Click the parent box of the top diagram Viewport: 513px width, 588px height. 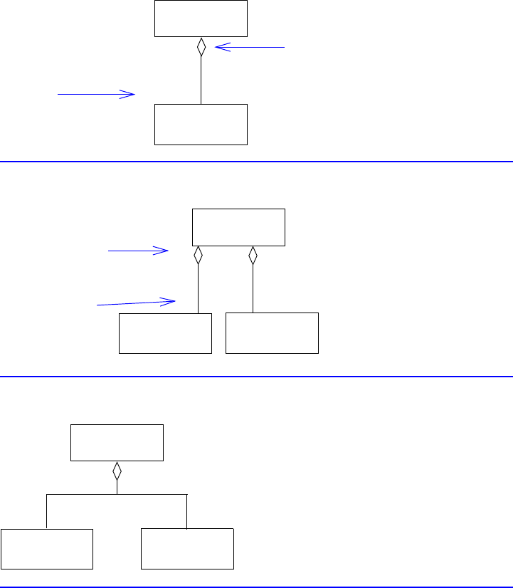201,18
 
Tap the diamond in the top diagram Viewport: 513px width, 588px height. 201,47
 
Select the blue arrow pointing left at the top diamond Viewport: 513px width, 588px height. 249,47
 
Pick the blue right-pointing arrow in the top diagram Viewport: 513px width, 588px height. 96,93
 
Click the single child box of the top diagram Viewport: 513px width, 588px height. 201,125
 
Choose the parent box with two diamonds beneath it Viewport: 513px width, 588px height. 238,227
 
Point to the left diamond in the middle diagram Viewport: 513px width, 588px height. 199,255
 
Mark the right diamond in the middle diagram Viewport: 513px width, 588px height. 253,255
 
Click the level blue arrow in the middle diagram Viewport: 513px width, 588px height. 137,250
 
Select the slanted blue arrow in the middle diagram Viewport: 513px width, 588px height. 136,303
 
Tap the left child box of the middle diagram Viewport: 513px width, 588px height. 165,332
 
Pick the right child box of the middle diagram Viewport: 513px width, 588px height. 272,332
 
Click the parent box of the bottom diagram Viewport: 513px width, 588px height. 117,443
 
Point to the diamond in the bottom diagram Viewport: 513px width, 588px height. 117,471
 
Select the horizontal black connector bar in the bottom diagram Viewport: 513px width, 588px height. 117,493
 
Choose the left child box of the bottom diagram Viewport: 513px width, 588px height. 47,549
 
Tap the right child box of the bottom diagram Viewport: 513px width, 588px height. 187,549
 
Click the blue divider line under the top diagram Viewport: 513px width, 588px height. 256,162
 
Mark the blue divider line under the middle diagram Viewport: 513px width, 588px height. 256,376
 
